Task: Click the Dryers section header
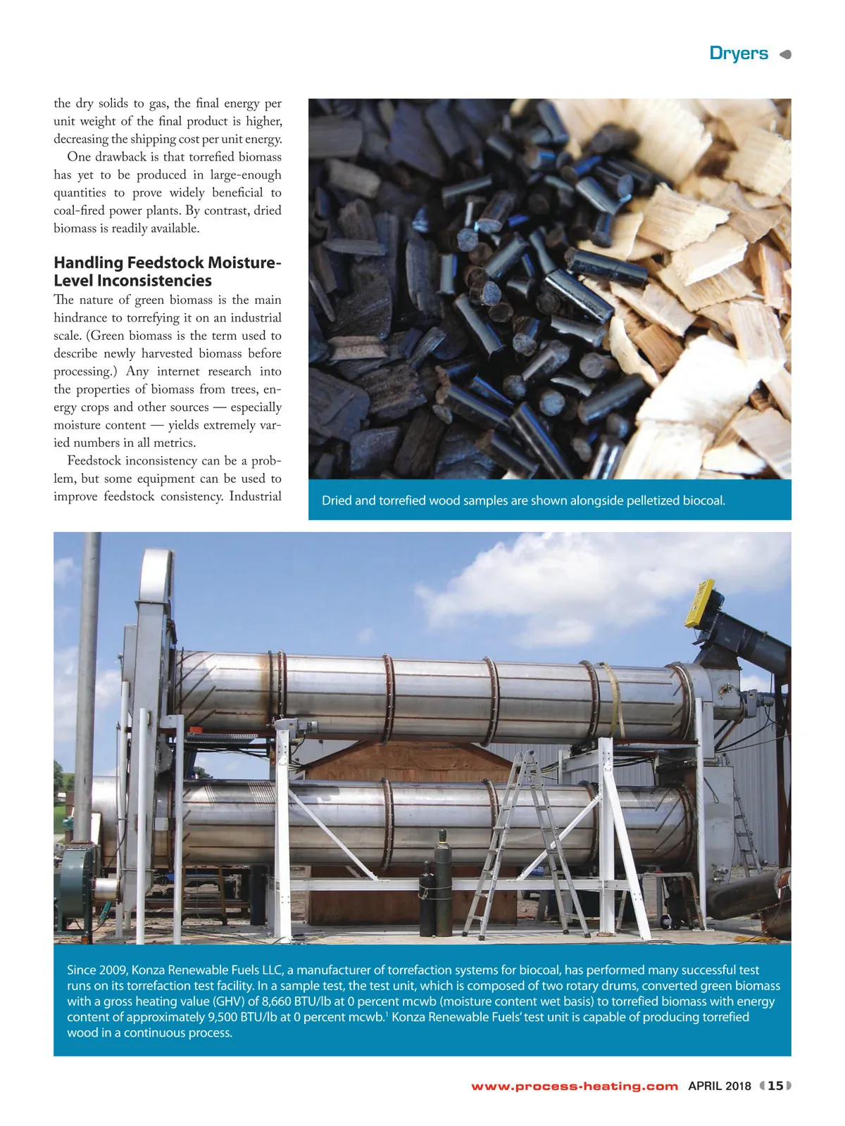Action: (x=738, y=53)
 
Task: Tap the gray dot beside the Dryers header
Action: (x=786, y=54)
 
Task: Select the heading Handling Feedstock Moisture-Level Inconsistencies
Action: (x=167, y=272)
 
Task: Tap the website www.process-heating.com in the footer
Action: (x=575, y=1086)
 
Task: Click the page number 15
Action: (x=775, y=1086)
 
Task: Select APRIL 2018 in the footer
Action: (x=720, y=1086)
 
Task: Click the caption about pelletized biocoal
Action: (x=523, y=500)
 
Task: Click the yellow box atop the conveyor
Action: (x=700, y=602)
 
